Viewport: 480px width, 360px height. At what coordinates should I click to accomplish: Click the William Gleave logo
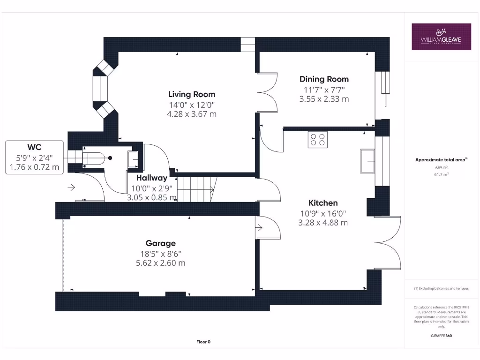441,37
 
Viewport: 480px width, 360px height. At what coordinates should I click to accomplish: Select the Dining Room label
324,79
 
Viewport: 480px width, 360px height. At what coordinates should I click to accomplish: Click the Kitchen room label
323,203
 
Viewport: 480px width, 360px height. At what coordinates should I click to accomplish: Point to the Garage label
161,243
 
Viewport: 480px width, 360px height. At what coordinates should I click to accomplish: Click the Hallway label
152,178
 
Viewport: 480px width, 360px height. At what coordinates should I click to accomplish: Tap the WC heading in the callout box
34,147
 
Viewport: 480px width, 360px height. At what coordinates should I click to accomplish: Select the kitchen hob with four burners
317,140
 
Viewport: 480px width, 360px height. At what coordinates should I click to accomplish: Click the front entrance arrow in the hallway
71,187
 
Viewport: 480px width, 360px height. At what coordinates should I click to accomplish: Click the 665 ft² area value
441,167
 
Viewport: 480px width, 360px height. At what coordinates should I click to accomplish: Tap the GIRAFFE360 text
441,336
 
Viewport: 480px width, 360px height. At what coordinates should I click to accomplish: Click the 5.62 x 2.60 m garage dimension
161,263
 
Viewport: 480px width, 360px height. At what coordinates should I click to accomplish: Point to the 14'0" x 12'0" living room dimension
193,105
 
